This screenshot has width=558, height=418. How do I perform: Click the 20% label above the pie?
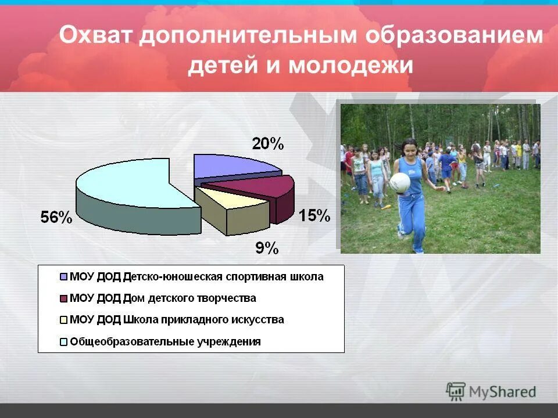pos(267,144)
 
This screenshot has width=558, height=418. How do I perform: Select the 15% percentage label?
pos(314,216)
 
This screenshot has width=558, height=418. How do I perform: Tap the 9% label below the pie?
pos(267,248)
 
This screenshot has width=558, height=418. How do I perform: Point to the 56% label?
pos(56,218)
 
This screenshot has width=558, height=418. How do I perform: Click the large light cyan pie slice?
pos(134,183)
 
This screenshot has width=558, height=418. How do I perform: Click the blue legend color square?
pos(63,277)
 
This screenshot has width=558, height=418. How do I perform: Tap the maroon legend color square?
pos(63,298)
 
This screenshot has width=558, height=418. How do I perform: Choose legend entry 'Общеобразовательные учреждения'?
pos(165,341)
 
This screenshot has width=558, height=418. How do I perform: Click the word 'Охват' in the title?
pos(95,37)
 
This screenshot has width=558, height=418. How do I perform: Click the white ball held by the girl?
pos(399,182)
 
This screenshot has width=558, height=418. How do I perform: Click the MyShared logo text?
pos(503,392)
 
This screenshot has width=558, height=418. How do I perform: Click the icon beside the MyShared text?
pos(456,392)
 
